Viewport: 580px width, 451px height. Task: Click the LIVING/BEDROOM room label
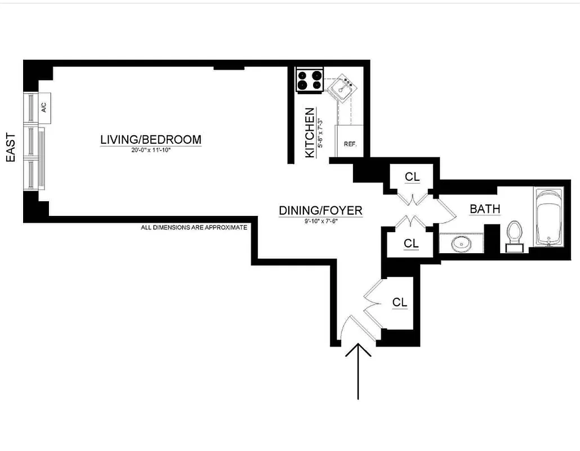150,139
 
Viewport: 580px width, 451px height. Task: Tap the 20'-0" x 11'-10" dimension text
150,150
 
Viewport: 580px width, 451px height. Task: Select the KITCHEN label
310,132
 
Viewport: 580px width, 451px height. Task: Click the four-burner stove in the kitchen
310,79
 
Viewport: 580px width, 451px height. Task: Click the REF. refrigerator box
349,143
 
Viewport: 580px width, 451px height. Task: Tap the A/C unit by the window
44,108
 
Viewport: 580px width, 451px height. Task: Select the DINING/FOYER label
320,211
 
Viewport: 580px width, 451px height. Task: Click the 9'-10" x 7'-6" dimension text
320,221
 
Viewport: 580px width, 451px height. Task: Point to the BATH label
485,209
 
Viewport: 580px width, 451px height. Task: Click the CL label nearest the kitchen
412,176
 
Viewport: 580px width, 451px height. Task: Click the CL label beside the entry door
399,303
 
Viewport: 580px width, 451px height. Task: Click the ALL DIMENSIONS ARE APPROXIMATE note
194,228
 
